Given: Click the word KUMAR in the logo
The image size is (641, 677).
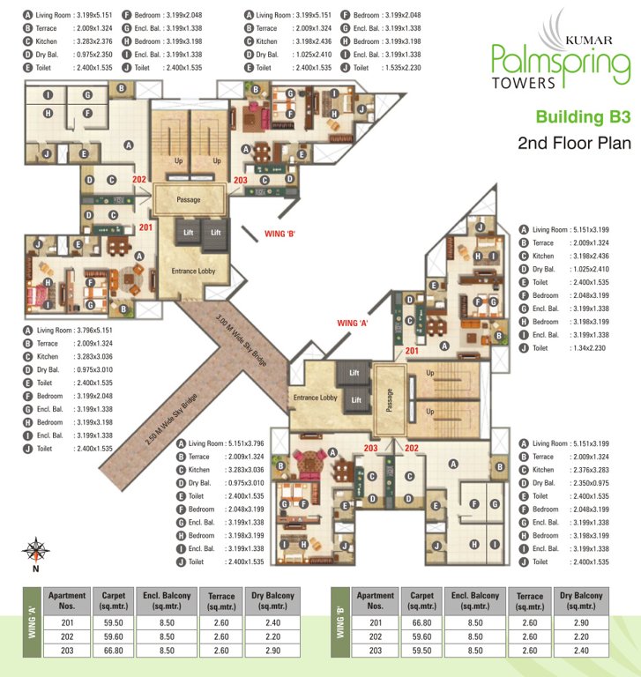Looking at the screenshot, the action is pos(589,41).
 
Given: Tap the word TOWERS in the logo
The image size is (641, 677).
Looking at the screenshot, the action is pos(524,83).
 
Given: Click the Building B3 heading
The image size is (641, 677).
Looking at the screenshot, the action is pos(583,117).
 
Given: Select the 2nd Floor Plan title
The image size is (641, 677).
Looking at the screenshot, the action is pos(574,143).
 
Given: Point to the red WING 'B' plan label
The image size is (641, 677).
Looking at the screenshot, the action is pos(280,234).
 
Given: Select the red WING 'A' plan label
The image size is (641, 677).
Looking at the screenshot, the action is pos(352,323).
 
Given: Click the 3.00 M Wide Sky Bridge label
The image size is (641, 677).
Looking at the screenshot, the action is pos(241,340).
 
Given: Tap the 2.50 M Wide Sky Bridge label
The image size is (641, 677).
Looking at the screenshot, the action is pos(171,420).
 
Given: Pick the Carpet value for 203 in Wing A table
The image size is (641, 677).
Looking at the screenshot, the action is pos(113,651).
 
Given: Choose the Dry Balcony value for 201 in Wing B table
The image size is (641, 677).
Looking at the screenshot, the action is pos(581,622).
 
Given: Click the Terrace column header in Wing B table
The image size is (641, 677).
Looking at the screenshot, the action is pos(530,600).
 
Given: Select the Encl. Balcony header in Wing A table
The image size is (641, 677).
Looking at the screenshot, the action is pos(167,600).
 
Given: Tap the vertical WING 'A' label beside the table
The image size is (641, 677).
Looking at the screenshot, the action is pos(32,622).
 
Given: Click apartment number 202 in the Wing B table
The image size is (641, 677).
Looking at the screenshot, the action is pos(376,636).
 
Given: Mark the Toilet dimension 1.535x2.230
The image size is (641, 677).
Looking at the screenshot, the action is pos(403,68).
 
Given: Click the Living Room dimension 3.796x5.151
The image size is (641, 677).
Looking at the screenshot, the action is pos(94,331).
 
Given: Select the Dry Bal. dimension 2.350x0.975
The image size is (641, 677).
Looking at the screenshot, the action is pos(591,483).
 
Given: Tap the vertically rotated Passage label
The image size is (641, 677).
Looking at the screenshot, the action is pos(389,400).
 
